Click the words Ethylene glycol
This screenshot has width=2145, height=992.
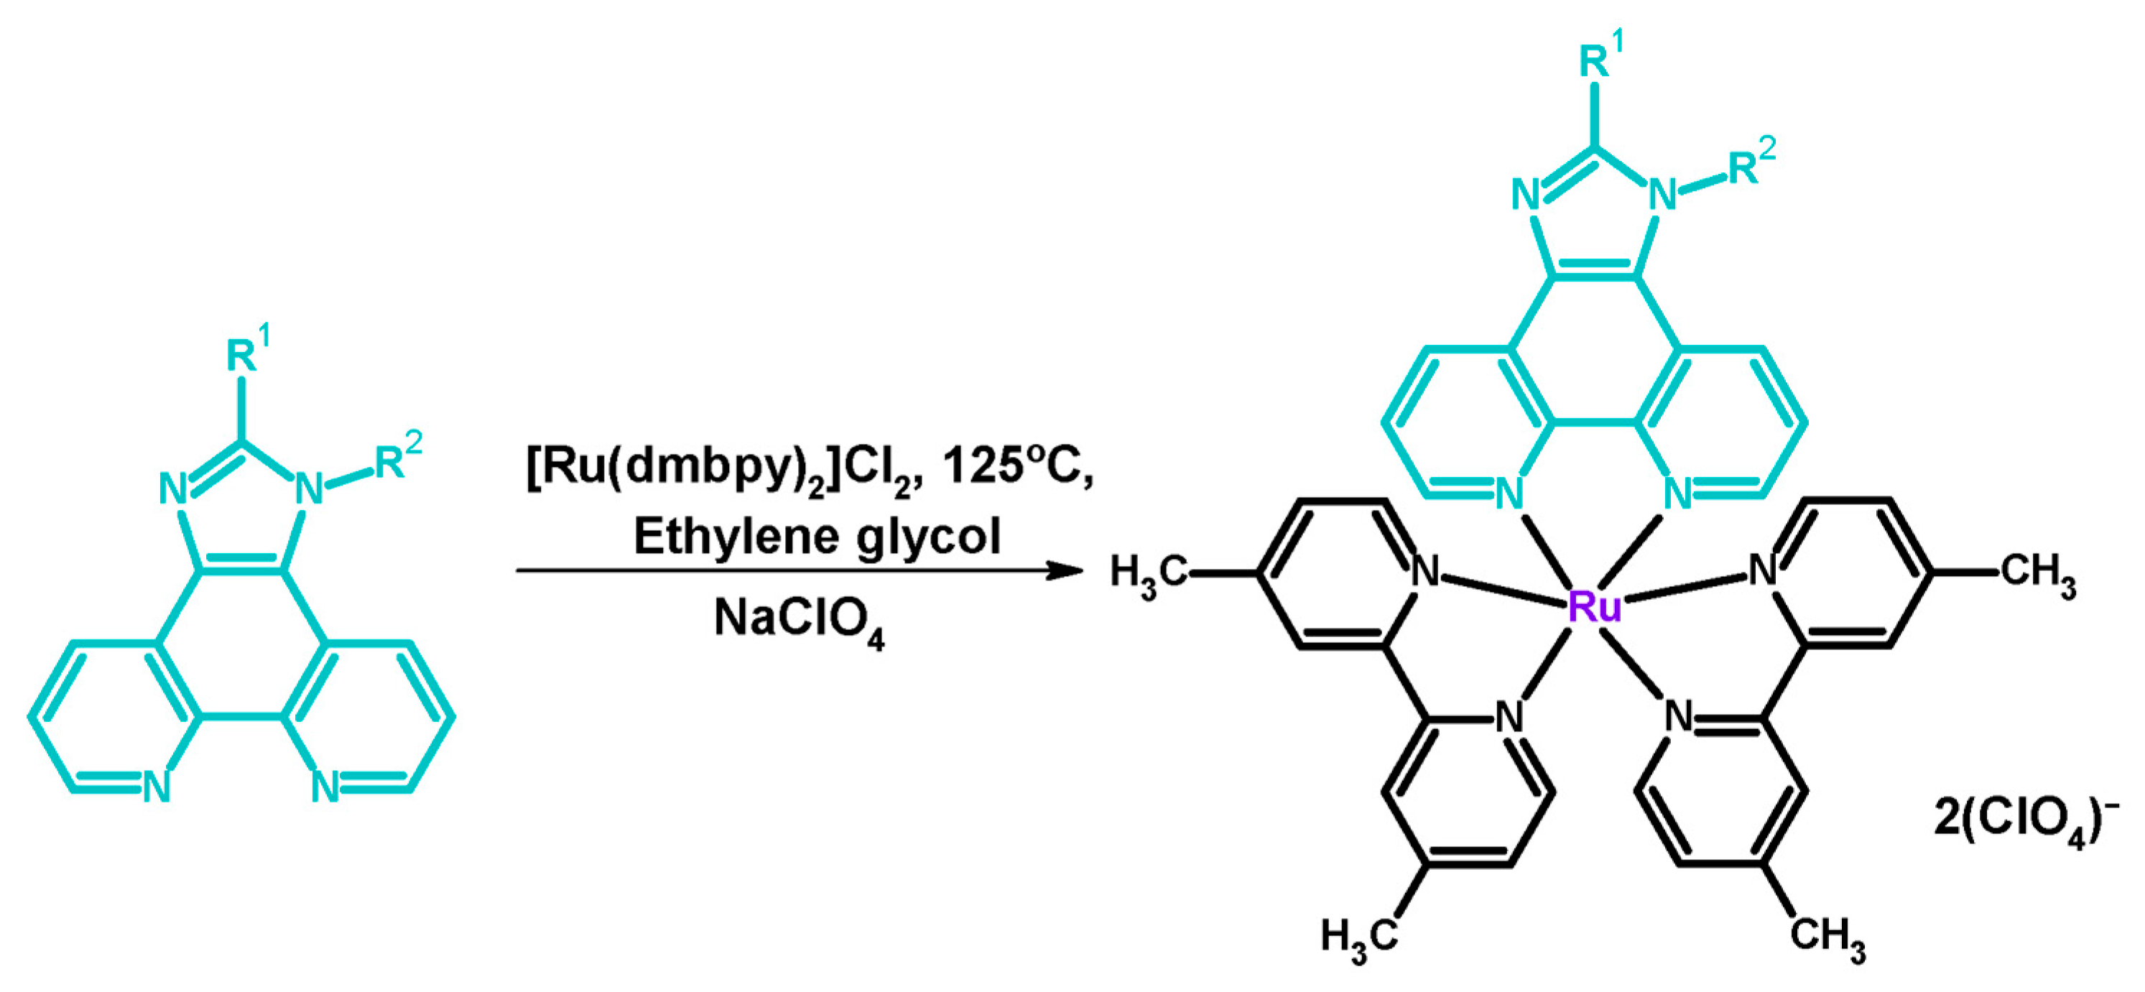tap(817, 536)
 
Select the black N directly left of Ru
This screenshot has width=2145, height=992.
tap(1425, 571)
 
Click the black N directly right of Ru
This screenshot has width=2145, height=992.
tap(1763, 571)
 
